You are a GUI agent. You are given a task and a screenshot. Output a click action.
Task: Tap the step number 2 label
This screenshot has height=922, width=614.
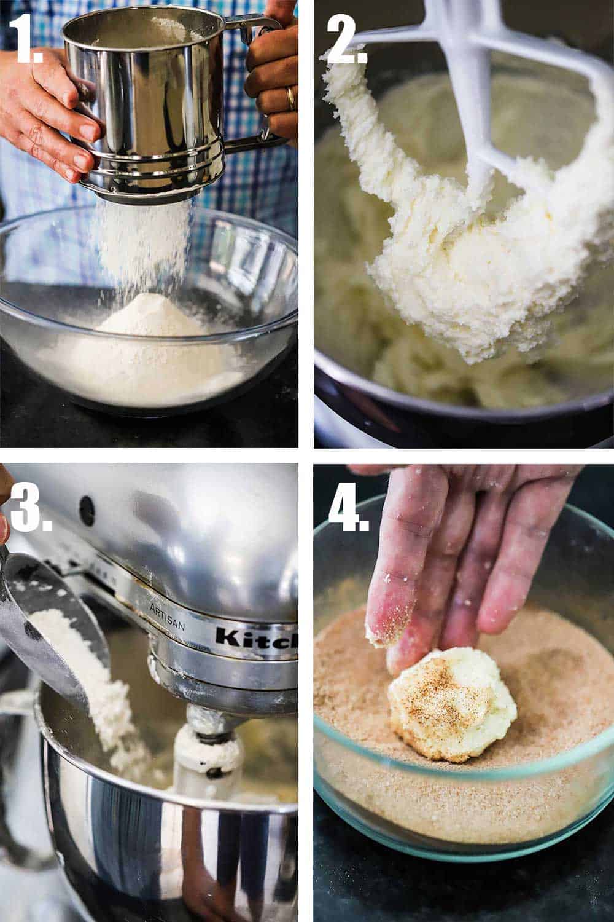point(346,38)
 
